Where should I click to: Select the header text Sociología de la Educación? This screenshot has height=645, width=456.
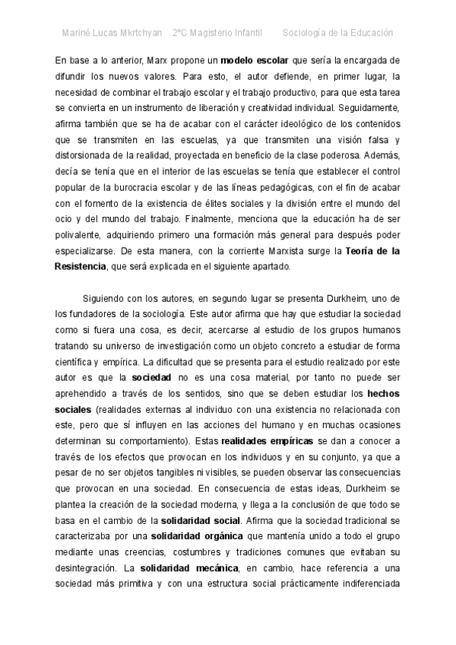(337, 33)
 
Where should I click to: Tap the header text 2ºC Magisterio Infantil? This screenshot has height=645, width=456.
(217, 33)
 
